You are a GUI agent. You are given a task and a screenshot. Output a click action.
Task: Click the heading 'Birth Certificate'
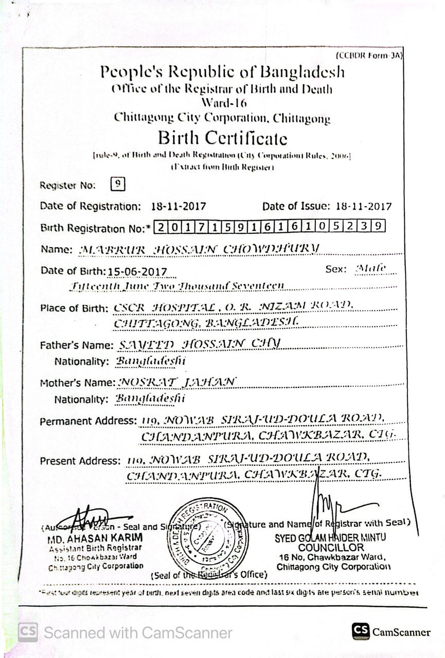(222, 138)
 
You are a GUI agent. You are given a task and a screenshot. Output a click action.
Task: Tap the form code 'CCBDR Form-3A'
(368, 56)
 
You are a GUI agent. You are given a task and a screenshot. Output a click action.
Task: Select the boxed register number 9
(118, 184)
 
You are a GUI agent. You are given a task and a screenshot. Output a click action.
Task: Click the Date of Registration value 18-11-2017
(179, 207)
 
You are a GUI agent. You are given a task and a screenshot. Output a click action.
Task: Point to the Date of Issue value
(363, 207)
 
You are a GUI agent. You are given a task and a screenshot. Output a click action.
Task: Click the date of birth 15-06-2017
(137, 271)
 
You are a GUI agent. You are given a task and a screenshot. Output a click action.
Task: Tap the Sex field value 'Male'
(370, 268)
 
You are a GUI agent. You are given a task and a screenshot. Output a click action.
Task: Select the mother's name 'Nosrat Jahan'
(177, 382)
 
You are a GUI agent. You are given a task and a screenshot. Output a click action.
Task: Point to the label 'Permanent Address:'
(88, 421)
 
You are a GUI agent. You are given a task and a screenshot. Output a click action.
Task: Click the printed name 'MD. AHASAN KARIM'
(95, 539)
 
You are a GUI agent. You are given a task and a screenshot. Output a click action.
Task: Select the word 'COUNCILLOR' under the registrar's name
(331, 547)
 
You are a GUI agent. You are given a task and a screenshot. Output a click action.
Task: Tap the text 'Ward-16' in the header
(222, 102)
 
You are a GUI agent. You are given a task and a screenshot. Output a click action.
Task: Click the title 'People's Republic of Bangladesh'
(222, 72)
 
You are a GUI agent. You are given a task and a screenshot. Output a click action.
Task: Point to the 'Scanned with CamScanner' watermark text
(138, 632)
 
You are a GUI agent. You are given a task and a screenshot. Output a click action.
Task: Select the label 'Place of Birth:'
(74, 308)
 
